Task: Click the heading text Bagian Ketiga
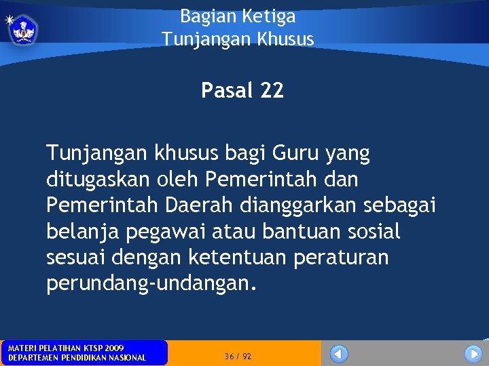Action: [238, 16]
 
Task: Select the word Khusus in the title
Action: [286, 39]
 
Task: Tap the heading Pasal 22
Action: [242, 90]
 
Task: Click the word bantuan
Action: [297, 232]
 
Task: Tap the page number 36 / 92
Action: [238, 356]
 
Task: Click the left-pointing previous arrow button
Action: [339, 354]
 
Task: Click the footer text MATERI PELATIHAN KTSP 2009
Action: [66, 348]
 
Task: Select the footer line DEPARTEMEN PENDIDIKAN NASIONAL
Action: [77, 358]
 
